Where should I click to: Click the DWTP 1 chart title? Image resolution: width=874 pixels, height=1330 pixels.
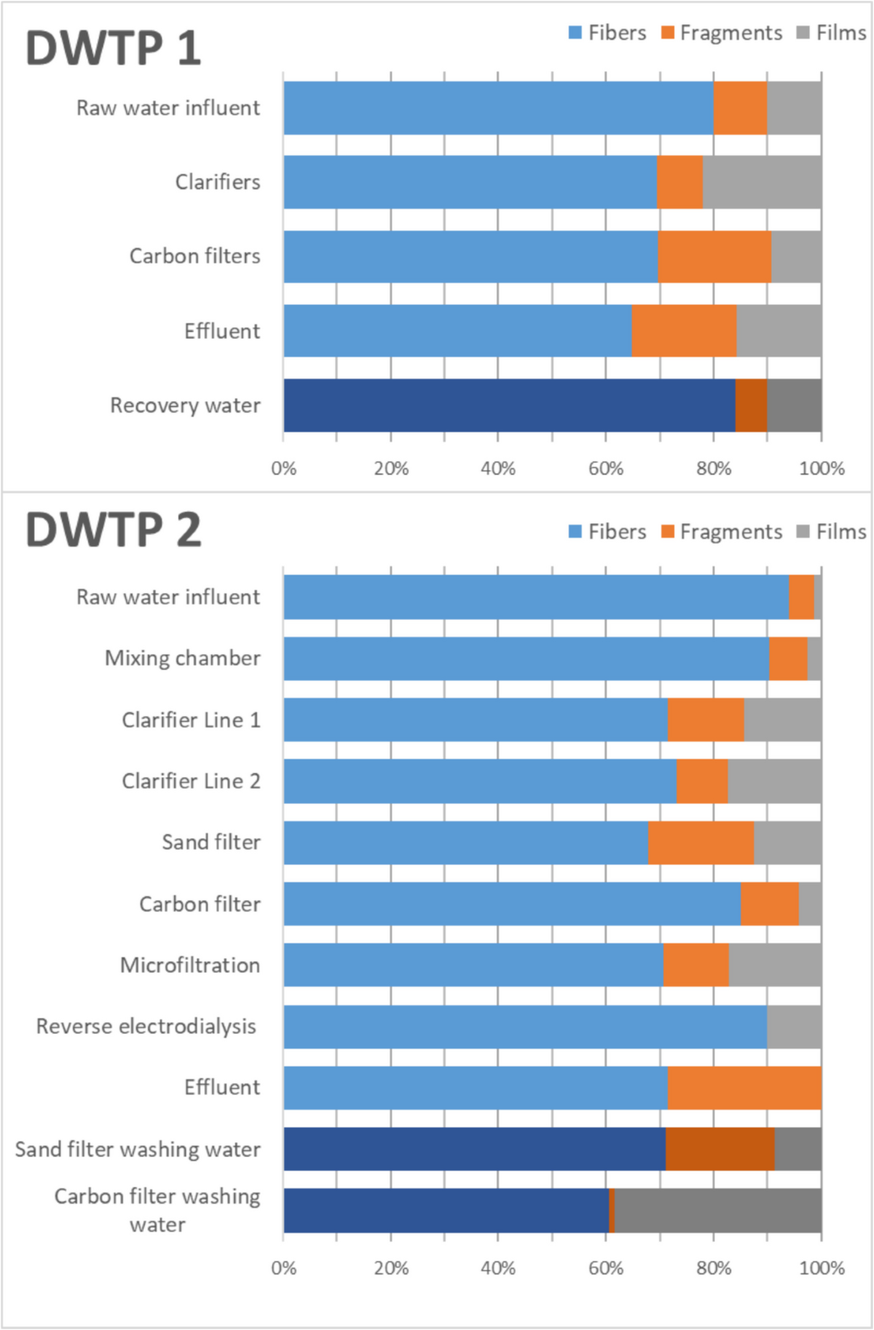pyautogui.click(x=113, y=48)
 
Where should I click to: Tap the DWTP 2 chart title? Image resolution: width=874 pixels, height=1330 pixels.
pyautogui.click(x=113, y=530)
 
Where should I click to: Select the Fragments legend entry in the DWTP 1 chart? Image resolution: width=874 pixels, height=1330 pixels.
pyautogui.click(x=722, y=33)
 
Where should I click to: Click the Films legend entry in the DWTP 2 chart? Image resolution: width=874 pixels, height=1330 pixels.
pyautogui.click(x=832, y=532)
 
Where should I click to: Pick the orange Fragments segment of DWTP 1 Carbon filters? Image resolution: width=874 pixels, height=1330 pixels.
pyautogui.click(x=714, y=256)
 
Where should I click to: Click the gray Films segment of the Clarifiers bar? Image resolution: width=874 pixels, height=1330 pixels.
pyautogui.click(x=762, y=182)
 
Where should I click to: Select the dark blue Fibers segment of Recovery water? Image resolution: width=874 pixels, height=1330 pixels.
pyautogui.click(x=509, y=405)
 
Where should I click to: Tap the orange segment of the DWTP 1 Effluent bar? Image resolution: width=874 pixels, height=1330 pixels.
pyautogui.click(x=684, y=331)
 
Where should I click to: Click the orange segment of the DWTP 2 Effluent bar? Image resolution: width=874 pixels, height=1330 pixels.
pyautogui.click(x=744, y=1087)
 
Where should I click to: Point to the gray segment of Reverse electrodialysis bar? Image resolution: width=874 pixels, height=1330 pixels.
pyautogui.click(x=794, y=1026)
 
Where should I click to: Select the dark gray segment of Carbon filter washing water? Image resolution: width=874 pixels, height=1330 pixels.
pyautogui.click(x=717, y=1210)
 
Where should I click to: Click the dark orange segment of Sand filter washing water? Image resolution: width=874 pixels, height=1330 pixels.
pyautogui.click(x=720, y=1149)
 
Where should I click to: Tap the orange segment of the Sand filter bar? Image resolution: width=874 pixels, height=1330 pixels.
pyautogui.click(x=701, y=843)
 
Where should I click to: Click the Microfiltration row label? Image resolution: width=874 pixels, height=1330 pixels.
pyautogui.click(x=189, y=965)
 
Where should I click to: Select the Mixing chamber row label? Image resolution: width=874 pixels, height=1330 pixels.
pyautogui.click(x=182, y=658)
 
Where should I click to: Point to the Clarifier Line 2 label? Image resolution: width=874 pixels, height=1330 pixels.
pyautogui.click(x=191, y=781)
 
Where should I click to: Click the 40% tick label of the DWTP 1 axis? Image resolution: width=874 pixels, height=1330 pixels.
pyautogui.click(x=498, y=468)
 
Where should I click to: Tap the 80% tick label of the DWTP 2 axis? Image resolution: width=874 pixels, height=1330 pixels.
pyautogui.click(x=713, y=1268)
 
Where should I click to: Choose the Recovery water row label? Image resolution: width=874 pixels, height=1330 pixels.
pyautogui.click(x=185, y=405)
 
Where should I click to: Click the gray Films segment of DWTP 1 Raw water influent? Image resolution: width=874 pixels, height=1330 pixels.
pyautogui.click(x=794, y=108)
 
